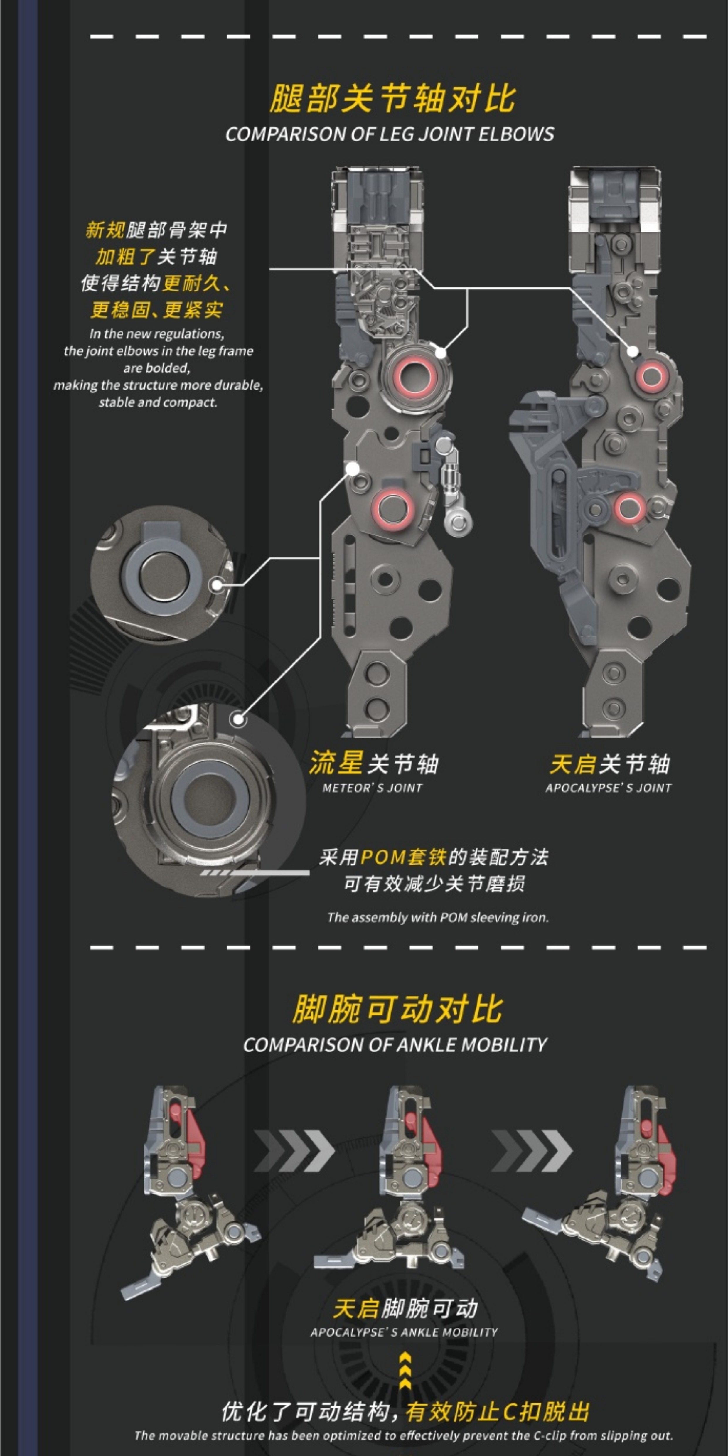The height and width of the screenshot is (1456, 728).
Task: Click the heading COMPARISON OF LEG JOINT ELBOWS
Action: click(x=390, y=134)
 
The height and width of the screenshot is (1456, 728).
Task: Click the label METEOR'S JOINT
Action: click(x=373, y=788)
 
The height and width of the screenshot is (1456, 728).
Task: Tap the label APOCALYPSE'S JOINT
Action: click(x=609, y=788)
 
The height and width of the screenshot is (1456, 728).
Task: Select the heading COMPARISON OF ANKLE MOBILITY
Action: click(x=395, y=1044)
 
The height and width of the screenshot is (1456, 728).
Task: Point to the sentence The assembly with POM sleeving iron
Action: click(x=438, y=917)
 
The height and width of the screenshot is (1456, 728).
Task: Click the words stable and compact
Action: click(x=158, y=402)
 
